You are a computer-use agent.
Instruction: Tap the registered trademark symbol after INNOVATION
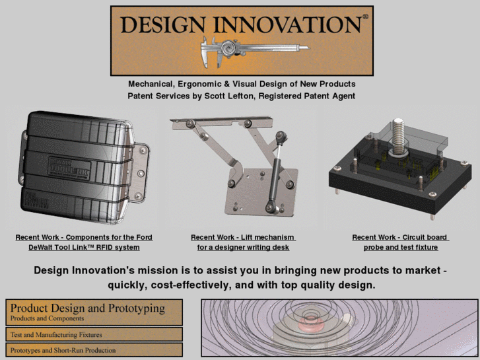365,19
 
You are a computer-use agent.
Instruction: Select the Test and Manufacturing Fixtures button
94,335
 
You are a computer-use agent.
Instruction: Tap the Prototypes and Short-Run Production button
94,350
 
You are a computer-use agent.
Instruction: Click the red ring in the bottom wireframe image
309,324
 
